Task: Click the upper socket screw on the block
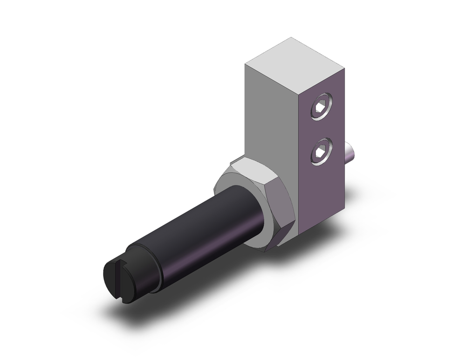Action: pos(322,107)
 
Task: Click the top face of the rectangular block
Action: pos(295,59)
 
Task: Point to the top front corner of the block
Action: pos(246,62)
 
